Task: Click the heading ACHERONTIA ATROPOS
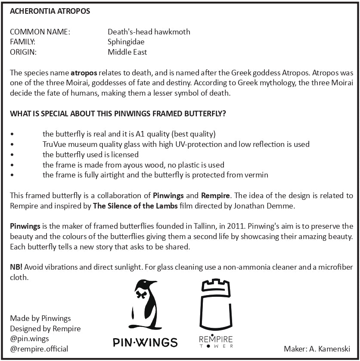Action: click(x=50, y=11)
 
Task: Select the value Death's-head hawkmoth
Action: click(x=149, y=32)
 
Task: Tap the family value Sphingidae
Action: click(x=126, y=42)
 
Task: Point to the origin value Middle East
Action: click(x=127, y=52)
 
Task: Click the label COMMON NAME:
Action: click(x=40, y=32)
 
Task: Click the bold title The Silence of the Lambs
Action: click(x=135, y=205)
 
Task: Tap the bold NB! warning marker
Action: click(x=16, y=267)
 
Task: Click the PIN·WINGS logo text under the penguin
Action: click(x=145, y=342)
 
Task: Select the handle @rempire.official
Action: click(x=39, y=349)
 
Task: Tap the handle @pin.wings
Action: click(x=29, y=339)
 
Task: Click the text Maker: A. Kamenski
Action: click(x=317, y=349)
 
